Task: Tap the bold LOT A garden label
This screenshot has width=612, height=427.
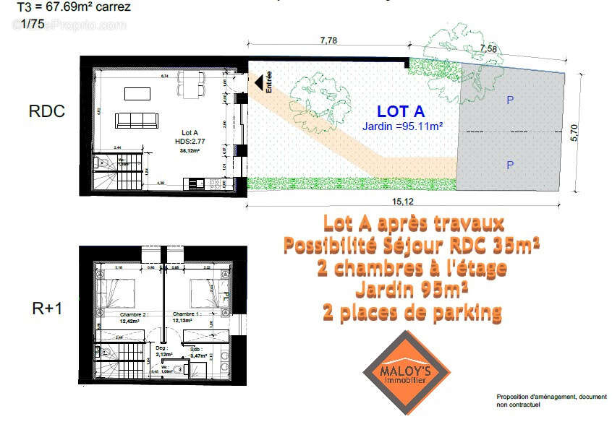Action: (x=401, y=111)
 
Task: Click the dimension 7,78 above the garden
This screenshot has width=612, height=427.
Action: (x=328, y=40)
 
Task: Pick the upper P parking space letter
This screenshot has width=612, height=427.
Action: (x=510, y=100)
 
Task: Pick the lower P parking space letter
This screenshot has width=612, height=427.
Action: (x=510, y=165)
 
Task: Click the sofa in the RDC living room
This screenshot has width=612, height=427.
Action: (x=137, y=120)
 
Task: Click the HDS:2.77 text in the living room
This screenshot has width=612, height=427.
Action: (x=190, y=142)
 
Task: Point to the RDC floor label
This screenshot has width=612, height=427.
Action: (x=47, y=111)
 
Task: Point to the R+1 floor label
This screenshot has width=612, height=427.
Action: (x=47, y=309)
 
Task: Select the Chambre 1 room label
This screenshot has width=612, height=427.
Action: (x=188, y=315)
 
